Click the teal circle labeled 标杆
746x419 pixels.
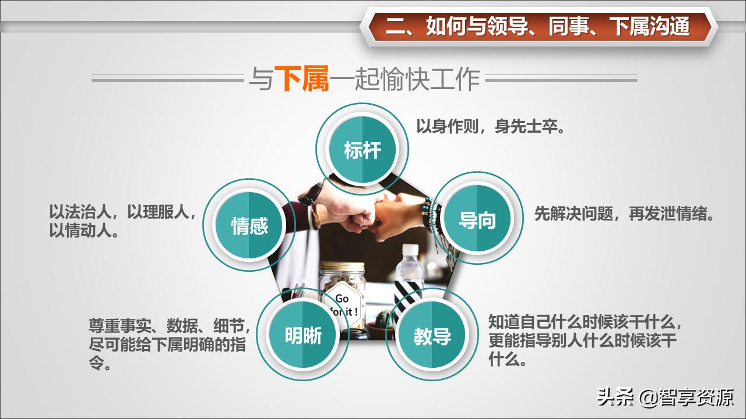click(x=363, y=150)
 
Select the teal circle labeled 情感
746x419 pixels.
click(x=249, y=225)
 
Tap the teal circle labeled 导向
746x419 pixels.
click(x=477, y=219)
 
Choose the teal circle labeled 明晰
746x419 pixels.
click(x=303, y=335)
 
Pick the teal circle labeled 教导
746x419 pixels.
click(x=432, y=336)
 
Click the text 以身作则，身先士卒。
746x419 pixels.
click(x=491, y=127)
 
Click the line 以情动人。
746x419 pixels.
click(x=85, y=230)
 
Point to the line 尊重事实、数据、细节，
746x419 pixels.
click(x=170, y=325)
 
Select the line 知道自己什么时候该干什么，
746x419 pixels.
click(x=585, y=322)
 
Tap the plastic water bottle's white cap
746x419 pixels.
click(x=410, y=250)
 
